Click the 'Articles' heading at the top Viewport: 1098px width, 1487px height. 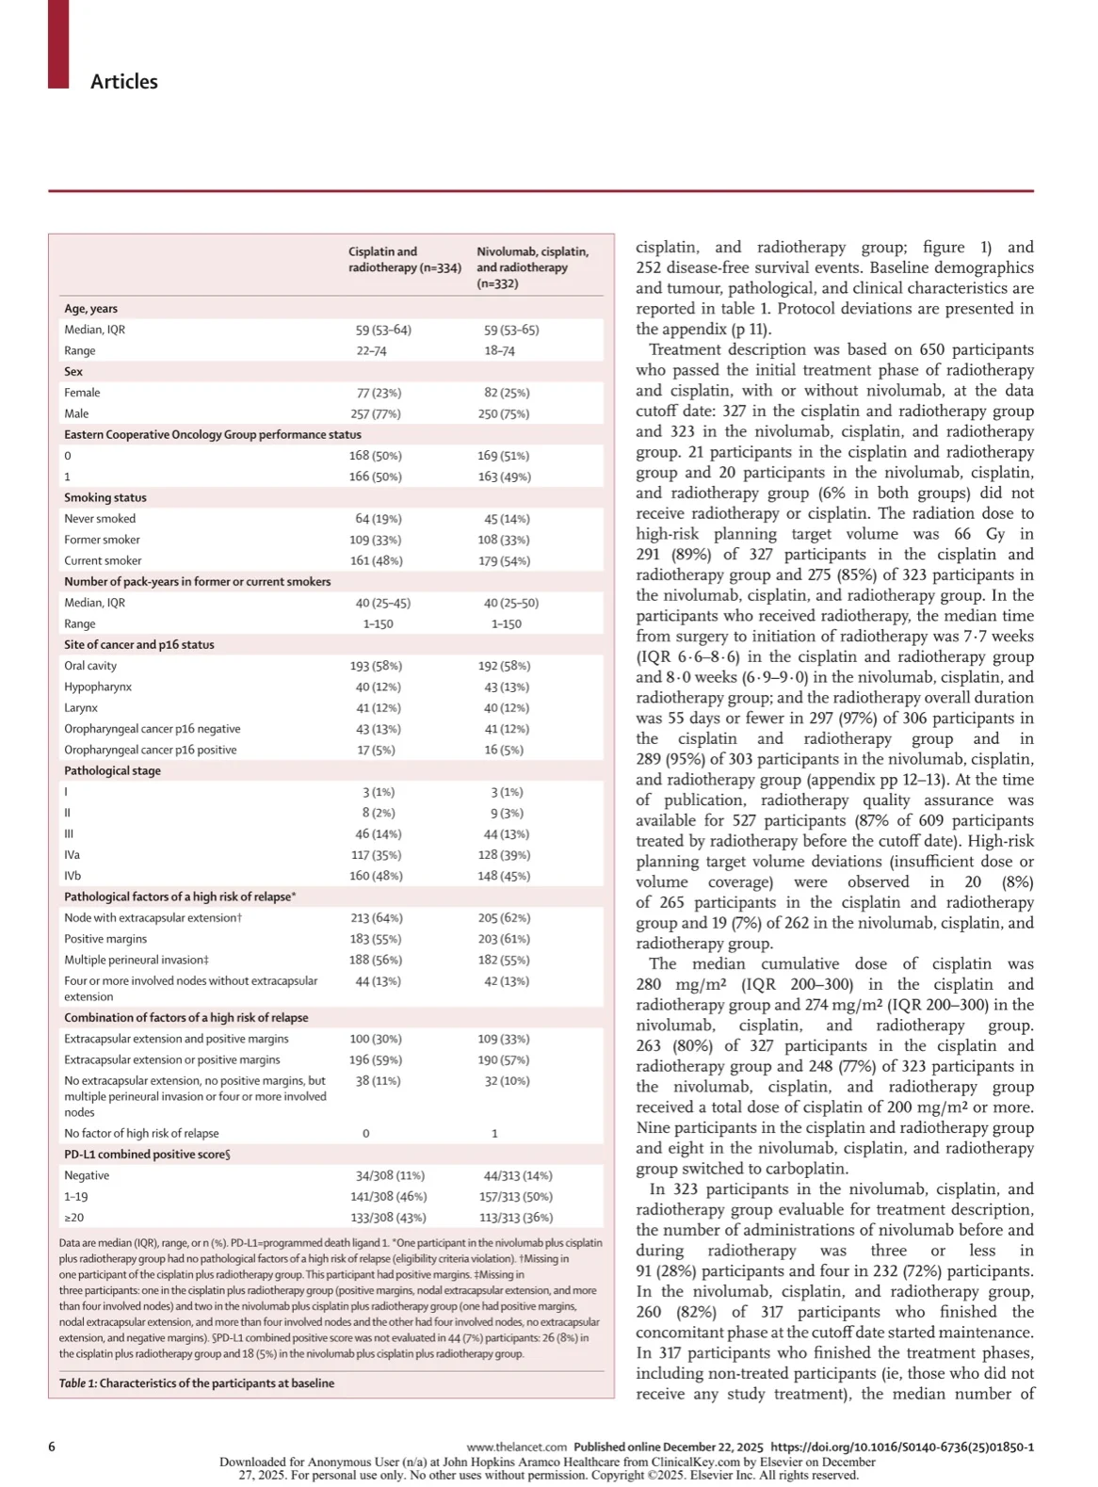point(123,82)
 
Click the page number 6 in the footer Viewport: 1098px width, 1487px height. point(52,1447)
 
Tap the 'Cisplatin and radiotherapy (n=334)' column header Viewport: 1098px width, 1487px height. point(404,260)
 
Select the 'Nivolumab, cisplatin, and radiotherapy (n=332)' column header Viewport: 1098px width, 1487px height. point(532,267)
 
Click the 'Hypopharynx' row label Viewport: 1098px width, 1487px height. point(98,687)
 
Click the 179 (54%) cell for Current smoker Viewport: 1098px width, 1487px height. point(504,561)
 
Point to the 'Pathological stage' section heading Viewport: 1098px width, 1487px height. point(112,771)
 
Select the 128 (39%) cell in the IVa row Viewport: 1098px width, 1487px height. point(504,855)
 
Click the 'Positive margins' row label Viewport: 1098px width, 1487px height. point(105,939)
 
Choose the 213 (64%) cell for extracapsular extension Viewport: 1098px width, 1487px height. point(376,918)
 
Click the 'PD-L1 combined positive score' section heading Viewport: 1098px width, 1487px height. point(147,1155)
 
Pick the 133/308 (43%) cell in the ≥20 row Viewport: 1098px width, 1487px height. point(388,1218)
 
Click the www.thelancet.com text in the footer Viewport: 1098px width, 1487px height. point(516,1447)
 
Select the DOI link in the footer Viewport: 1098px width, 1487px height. point(901,1447)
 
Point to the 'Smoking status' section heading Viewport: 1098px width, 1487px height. point(105,497)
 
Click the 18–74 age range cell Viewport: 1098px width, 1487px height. point(499,351)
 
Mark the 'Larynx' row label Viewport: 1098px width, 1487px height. point(81,708)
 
